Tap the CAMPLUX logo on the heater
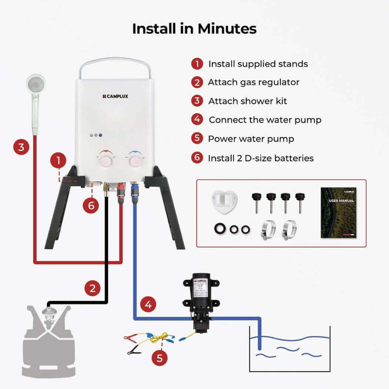click(115, 97)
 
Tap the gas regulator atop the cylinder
click(49, 313)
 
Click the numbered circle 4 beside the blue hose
click(148, 305)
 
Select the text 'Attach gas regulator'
click(253, 82)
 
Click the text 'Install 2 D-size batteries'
click(260, 158)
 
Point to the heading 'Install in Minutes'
click(194, 29)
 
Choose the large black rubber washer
click(220, 229)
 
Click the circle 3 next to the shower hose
click(21, 147)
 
